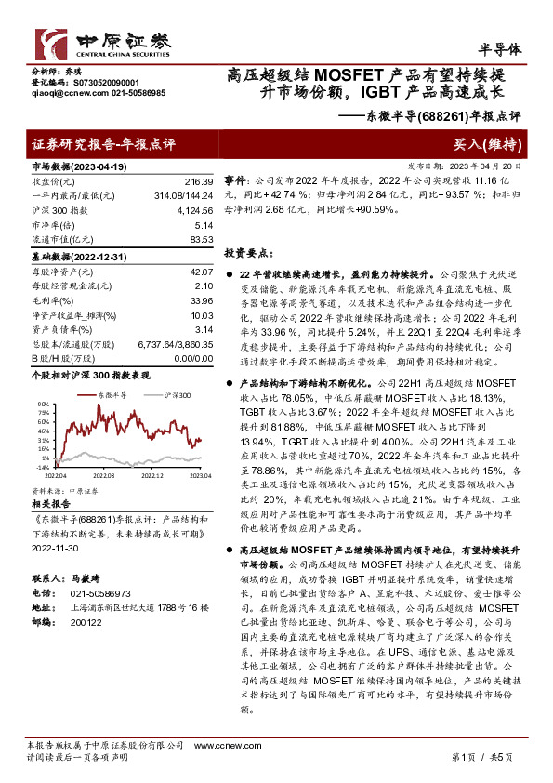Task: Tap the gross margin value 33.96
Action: click(201, 302)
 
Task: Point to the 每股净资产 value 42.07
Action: click(201, 272)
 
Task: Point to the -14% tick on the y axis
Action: click(43, 470)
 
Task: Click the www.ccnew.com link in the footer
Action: click(218, 745)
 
